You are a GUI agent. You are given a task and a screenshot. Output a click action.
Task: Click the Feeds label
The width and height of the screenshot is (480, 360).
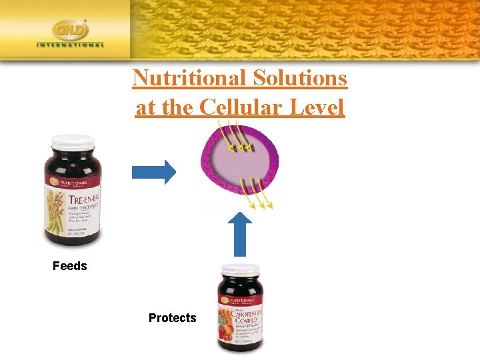69,266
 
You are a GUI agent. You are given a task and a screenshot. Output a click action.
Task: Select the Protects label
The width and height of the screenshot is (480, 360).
172,318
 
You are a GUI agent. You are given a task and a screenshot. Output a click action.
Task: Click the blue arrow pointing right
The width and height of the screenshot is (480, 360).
153,172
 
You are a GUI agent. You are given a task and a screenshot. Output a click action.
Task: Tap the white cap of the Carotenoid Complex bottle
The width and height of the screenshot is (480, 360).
240,269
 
